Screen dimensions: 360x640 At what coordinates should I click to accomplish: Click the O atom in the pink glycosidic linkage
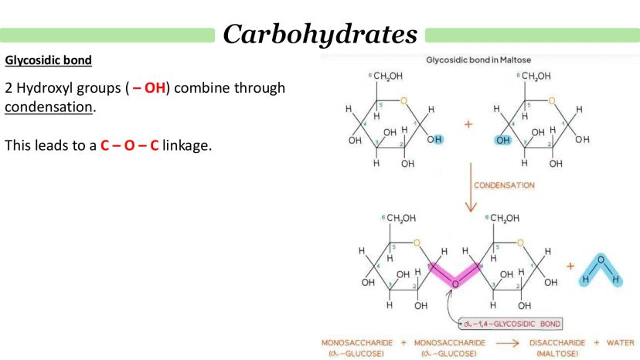tap(454, 284)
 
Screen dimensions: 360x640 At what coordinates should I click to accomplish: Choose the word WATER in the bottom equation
tap(617, 341)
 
